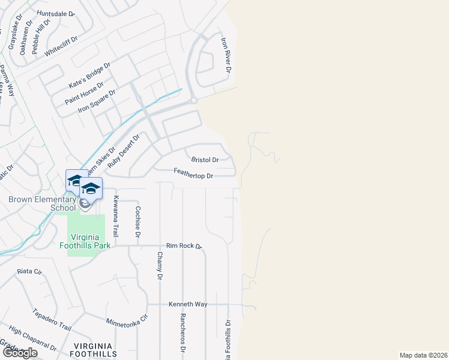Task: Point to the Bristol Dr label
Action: click(x=205, y=160)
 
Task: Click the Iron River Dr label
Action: click(x=226, y=55)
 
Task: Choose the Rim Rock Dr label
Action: click(x=184, y=246)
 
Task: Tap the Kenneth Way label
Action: click(x=188, y=304)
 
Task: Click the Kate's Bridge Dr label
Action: click(x=90, y=76)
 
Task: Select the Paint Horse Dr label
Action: click(x=84, y=93)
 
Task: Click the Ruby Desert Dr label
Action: click(x=124, y=149)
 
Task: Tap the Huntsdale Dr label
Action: click(x=55, y=13)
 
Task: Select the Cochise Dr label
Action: click(x=137, y=222)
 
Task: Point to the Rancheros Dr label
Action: click(x=183, y=333)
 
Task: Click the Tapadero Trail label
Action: click(x=52, y=321)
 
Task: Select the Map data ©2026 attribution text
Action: click(x=423, y=355)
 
